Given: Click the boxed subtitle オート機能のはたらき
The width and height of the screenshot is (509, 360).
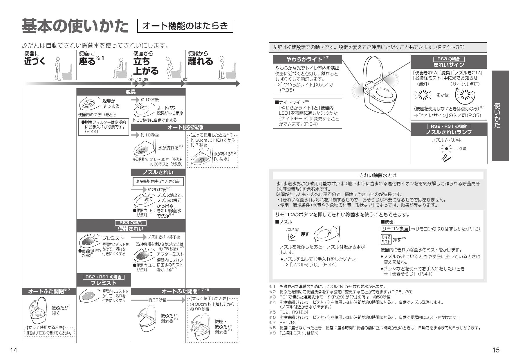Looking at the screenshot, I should (185, 26).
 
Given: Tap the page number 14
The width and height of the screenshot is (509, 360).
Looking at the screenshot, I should (14, 350).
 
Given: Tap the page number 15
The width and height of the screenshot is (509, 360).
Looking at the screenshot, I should (496, 350).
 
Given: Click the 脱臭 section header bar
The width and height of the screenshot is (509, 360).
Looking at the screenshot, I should (131, 92).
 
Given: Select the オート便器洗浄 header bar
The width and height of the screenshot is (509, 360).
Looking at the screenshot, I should (185, 127).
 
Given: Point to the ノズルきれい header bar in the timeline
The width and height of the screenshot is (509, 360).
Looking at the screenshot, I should (158, 173).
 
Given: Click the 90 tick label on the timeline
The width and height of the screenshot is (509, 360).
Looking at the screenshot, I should (185, 79).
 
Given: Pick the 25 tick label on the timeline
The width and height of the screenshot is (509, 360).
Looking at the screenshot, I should (146, 79).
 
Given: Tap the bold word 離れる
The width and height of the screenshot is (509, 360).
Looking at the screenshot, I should (201, 61).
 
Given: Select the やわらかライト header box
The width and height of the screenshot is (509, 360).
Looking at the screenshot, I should (307, 59).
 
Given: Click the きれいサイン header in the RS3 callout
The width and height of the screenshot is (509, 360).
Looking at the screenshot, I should (449, 64).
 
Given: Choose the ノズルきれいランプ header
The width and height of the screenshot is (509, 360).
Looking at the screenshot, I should (449, 132).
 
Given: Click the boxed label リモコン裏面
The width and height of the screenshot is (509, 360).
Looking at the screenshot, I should (395, 229).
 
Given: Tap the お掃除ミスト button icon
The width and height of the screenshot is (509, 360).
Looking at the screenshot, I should (386, 239).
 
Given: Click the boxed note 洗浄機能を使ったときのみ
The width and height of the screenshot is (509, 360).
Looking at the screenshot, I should (158, 182).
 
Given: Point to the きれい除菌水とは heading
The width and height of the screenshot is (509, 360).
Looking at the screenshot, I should (378, 175).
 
